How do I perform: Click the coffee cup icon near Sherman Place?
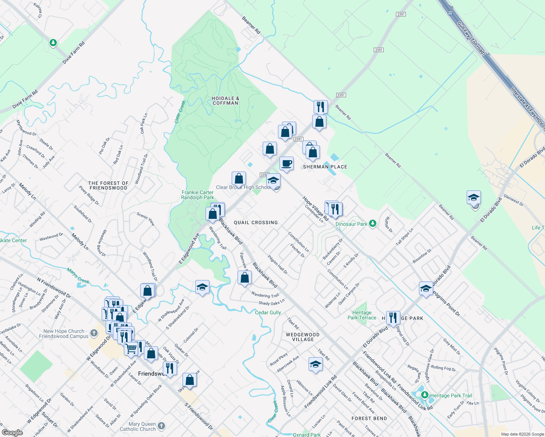click(x=287, y=163)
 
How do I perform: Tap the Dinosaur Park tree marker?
click(x=372, y=223)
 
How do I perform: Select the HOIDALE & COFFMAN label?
click(x=226, y=101)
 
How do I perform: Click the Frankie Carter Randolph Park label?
click(x=197, y=195)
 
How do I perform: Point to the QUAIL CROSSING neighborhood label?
click(x=256, y=223)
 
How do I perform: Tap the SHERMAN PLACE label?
click(x=325, y=167)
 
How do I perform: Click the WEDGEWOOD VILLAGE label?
click(x=303, y=337)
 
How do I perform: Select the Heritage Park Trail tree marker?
click(x=424, y=395)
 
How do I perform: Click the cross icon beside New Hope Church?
click(x=94, y=333)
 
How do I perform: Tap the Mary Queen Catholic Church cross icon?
click(x=161, y=426)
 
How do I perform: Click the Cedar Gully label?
click(x=268, y=312)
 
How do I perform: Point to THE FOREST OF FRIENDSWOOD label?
click(x=108, y=186)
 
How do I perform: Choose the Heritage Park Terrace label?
click(x=362, y=315)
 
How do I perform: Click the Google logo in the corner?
click(x=12, y=433)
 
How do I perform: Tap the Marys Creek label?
click(x=78, y=275)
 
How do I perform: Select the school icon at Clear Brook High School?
click(x=273, y=180)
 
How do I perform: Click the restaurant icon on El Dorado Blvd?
click(x=393, y=318)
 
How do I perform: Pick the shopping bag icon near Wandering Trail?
click(x=245, y=277)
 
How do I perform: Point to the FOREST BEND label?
click(x=369, y=418)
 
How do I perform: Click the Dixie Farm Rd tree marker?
click(x=53, y=43)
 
